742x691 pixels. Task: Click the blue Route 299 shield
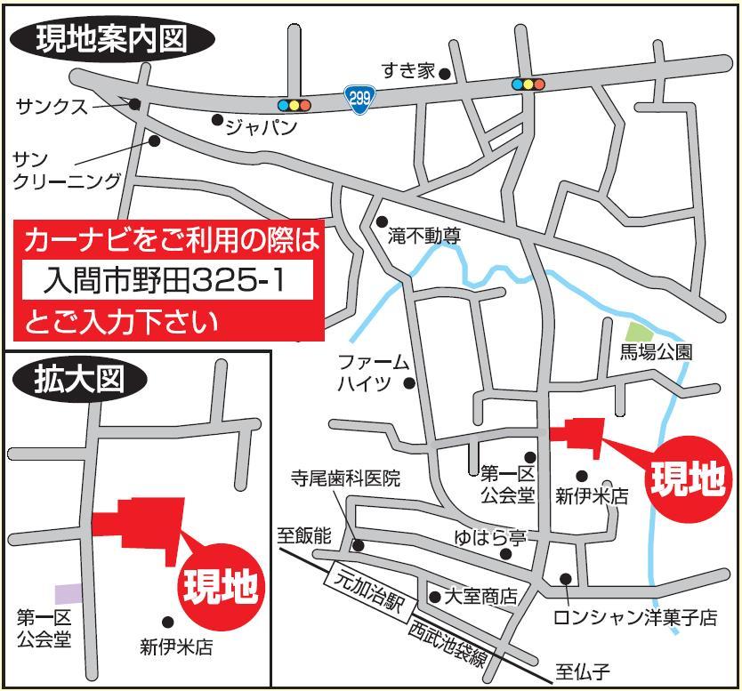tap(359, 99)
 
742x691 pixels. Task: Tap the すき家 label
tap(408, 71)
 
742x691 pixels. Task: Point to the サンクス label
tap(52, 108)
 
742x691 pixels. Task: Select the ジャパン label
tap(261, 127)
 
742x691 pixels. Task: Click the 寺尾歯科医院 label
tap(346, 478)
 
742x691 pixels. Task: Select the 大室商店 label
tap(480, 597)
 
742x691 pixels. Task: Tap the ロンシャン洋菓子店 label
tap(634, 617)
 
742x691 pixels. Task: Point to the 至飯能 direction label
tap(303, 535)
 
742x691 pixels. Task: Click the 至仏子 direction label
tap(583, 672)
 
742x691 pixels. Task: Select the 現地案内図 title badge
tap(112, 39)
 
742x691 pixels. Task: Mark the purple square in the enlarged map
tap(69, 593)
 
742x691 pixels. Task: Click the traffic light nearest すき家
tap(528, 85)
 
